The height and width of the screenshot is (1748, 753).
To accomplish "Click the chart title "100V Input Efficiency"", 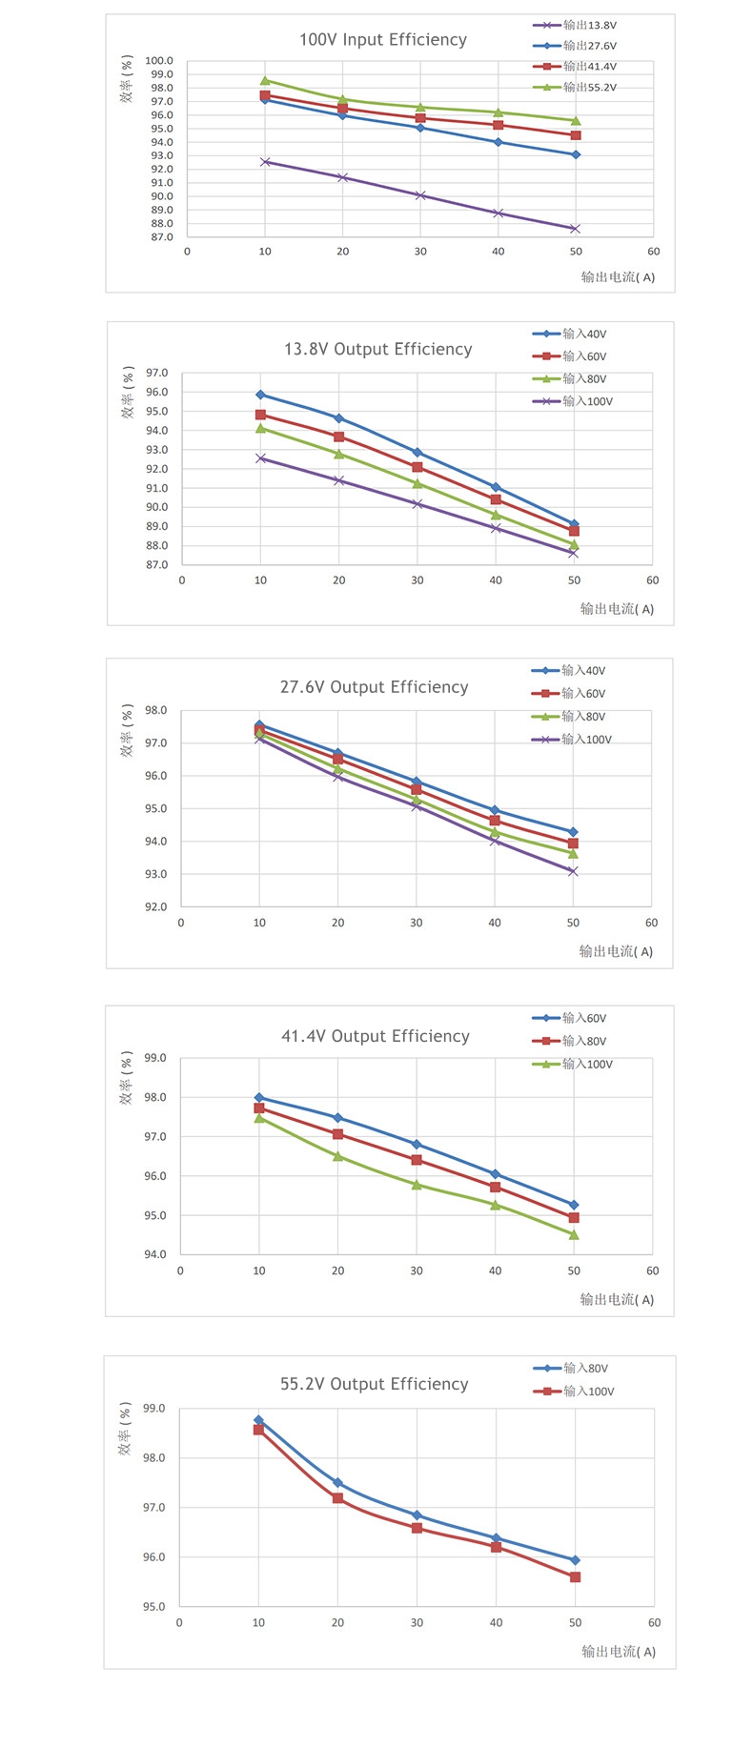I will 383,40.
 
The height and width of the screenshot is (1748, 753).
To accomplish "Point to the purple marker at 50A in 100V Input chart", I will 576,229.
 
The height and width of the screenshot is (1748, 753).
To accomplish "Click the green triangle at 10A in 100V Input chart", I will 265,81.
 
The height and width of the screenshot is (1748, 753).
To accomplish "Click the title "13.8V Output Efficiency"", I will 377,350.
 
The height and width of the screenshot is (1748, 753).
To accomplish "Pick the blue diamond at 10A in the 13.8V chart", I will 260,395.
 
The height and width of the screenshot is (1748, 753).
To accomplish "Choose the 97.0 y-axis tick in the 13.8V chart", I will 157,374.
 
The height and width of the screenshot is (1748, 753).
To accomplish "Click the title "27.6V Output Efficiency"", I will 374,687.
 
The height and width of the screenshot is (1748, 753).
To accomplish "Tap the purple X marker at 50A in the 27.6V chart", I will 573,871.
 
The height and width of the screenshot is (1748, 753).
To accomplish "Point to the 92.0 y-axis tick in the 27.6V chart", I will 155,907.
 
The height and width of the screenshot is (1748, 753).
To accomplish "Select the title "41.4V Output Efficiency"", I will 376,1036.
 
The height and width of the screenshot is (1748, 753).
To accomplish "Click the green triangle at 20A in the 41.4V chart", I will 337,1156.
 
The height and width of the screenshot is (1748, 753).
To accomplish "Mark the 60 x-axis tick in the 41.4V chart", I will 653,1271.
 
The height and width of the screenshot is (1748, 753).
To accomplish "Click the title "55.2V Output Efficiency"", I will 374,1384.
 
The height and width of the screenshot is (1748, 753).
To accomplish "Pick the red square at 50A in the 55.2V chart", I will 575,1577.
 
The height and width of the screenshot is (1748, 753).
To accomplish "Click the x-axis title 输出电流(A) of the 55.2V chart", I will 619,1652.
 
